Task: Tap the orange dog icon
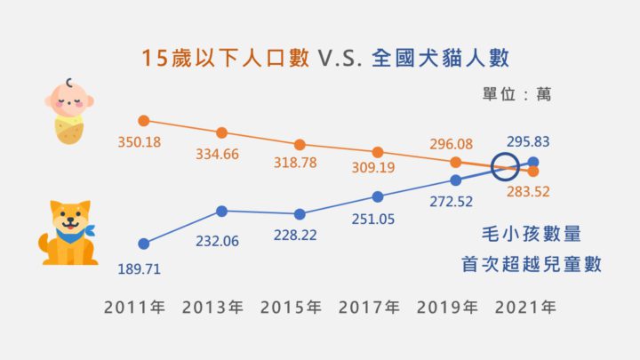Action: [68, 233]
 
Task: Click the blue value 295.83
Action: [527, 140]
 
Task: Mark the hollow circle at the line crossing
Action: [506, 165]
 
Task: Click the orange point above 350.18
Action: [144, 120]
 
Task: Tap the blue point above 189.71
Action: [144, 243]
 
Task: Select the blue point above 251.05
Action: [378, 196]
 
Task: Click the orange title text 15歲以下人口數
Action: [224, 59]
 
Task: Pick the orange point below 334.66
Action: [222, 132]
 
